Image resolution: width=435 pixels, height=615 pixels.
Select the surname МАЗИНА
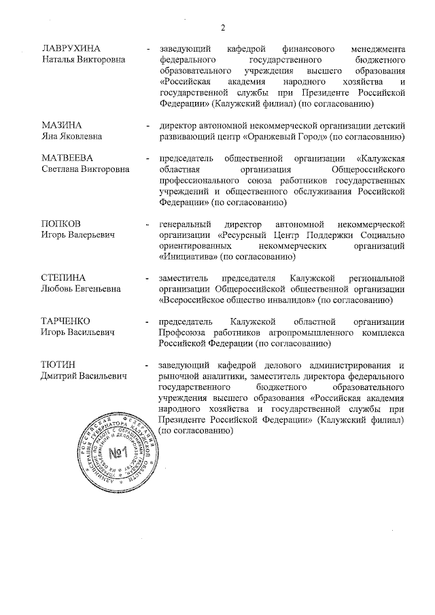pos(62,126)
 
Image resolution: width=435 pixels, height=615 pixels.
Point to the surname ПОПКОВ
pos(61,224)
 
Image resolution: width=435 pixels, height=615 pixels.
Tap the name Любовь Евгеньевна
pos(82,289)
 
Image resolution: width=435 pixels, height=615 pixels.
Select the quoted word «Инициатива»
pos(185,256)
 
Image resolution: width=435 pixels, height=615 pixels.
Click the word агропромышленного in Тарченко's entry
pos(307,332)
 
